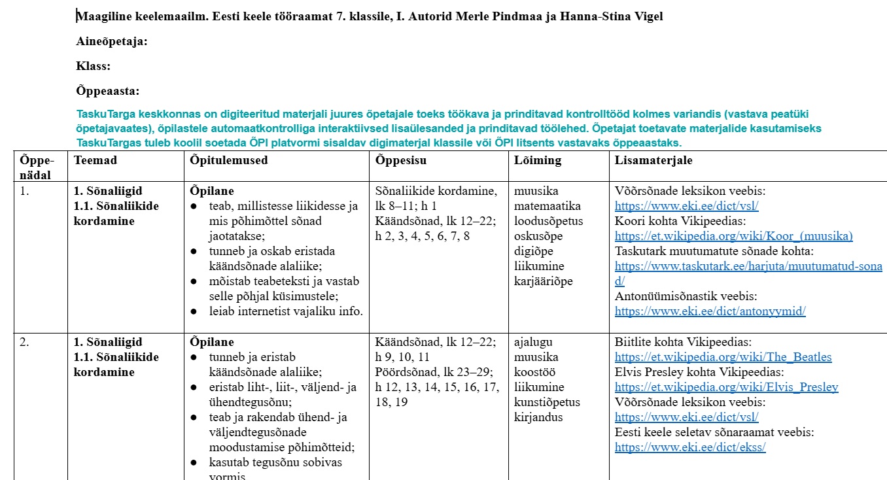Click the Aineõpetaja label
coord(112,42)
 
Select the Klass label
coord(94,67)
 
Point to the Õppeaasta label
coord(108,92)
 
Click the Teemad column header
coord(96,160)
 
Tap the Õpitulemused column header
coord(228,160)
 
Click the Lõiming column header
coord(538,160)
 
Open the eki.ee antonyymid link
coord(710,311)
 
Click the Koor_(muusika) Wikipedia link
coord(733,236)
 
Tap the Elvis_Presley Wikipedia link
coord(726,387)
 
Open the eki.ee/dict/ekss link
coord(689,447)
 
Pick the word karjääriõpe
coord(543,281)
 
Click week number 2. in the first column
coord(24,342)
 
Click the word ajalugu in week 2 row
coord(534,342)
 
